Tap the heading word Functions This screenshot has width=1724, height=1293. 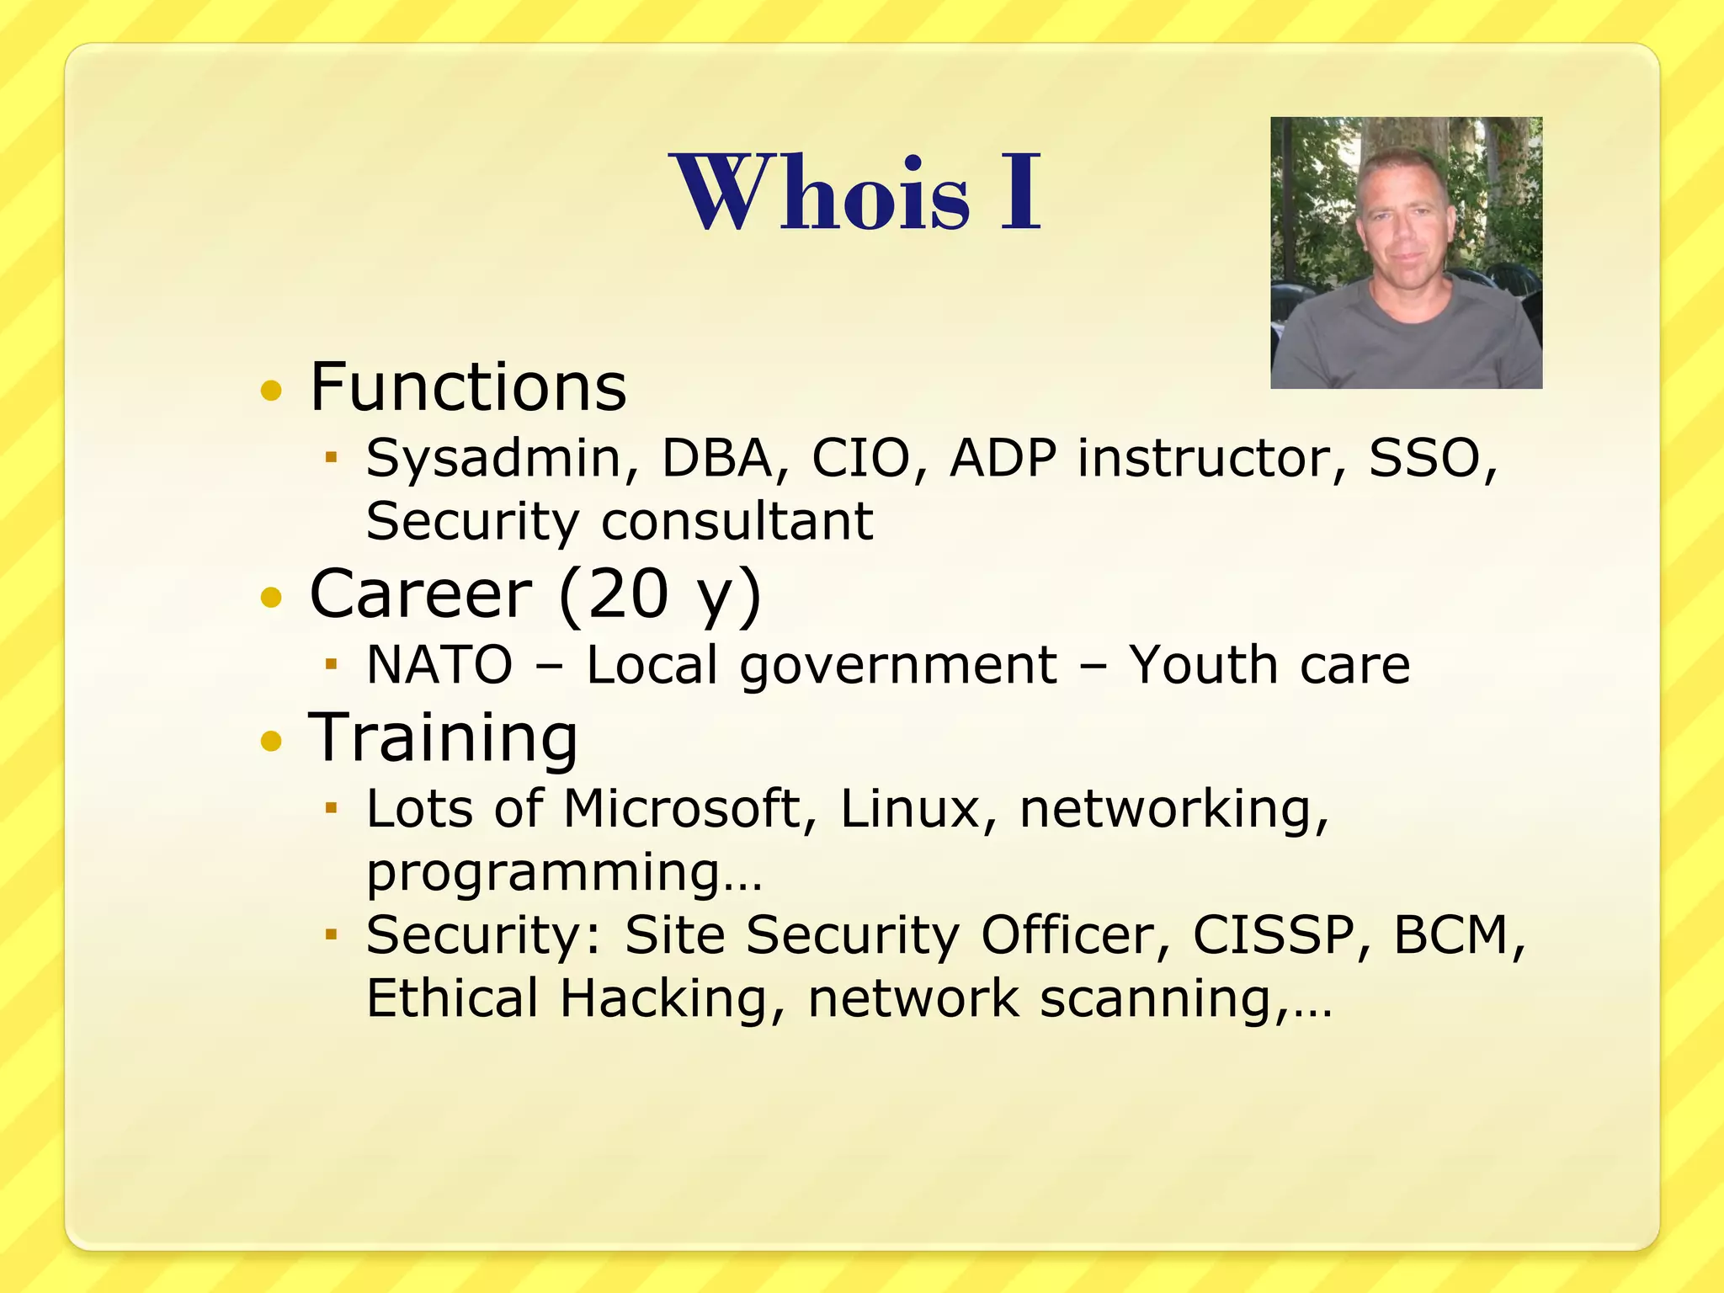coord(468,387)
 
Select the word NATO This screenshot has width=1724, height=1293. coord(439,666)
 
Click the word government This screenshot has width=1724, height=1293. coord(897,666)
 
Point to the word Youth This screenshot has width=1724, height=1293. coord(1201,666)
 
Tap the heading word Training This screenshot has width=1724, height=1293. coord(444,738)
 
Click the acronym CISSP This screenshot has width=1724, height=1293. coord(1274,936)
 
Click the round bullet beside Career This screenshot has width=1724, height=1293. coord(271,598)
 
